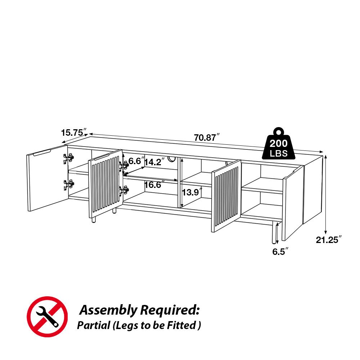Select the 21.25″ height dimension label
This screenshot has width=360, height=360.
point(329,240)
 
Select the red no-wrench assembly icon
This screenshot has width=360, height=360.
point(47,317)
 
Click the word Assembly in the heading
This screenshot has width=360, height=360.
point(108,310)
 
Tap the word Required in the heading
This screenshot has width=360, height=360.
point(169,310)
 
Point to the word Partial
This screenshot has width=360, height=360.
point(93,326)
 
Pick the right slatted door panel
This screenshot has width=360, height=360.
point(226,196)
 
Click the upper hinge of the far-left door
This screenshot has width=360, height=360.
point(68,158)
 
